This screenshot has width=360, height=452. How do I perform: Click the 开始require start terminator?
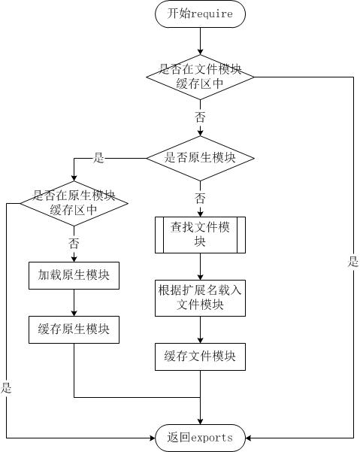(200, 14)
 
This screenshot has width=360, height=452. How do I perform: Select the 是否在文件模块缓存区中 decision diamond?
(200, 76)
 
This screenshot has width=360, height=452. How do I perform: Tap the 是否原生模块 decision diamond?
(200, 158)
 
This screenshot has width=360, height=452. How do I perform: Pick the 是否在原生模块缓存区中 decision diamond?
(74, 202)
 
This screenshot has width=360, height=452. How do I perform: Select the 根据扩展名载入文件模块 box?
(200, 297)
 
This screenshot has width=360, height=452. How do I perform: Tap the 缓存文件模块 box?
(200, 356)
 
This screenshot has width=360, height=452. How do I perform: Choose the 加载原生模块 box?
(74, 275)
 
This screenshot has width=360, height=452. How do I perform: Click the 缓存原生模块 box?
(74, 329)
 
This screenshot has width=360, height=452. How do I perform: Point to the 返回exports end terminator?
(200, 437)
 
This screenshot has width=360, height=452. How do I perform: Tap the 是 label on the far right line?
(352, 262)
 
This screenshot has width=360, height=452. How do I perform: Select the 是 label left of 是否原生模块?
(98, 158)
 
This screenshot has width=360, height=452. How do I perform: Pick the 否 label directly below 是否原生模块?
(200, 198)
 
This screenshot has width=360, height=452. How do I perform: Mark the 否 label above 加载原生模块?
(74, 243)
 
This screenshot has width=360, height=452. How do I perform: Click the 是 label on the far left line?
(7, 388)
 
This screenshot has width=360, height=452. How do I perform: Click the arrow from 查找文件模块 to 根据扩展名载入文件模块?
(200, 268)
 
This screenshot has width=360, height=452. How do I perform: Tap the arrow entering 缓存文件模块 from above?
(200, 329)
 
